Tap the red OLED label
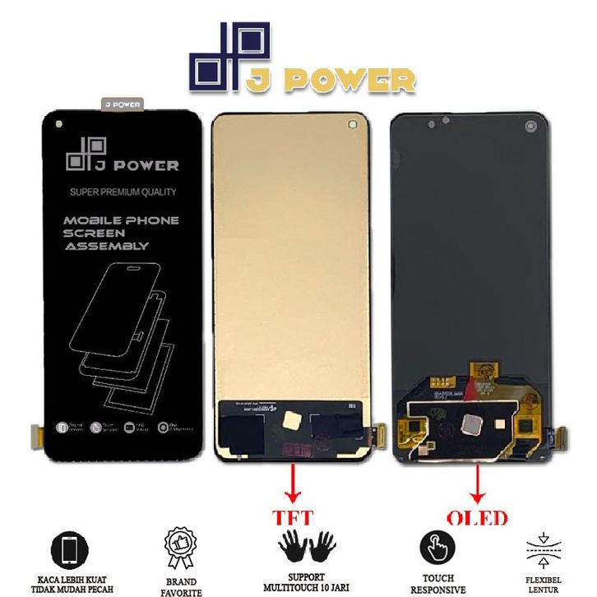tap(477, 519)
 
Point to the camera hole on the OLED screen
tap(530, 127)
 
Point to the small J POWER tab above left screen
tap(122, 104)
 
